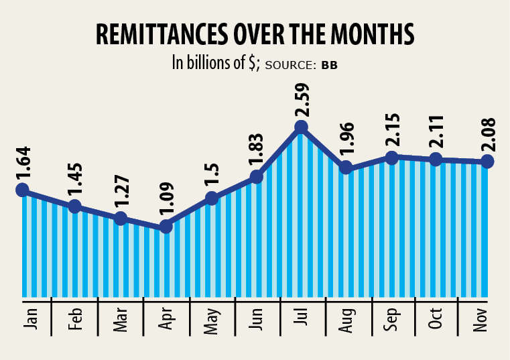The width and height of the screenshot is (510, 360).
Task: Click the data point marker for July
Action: pos(302,127)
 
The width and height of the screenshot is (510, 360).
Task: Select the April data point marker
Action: pos(166,227)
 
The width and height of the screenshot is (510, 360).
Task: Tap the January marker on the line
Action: pos(23,190)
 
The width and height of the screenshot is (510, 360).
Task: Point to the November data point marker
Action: pos(487,162)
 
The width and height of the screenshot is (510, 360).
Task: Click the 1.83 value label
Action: pos(256,147)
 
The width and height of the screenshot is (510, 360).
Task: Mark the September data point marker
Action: pos(393,158)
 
